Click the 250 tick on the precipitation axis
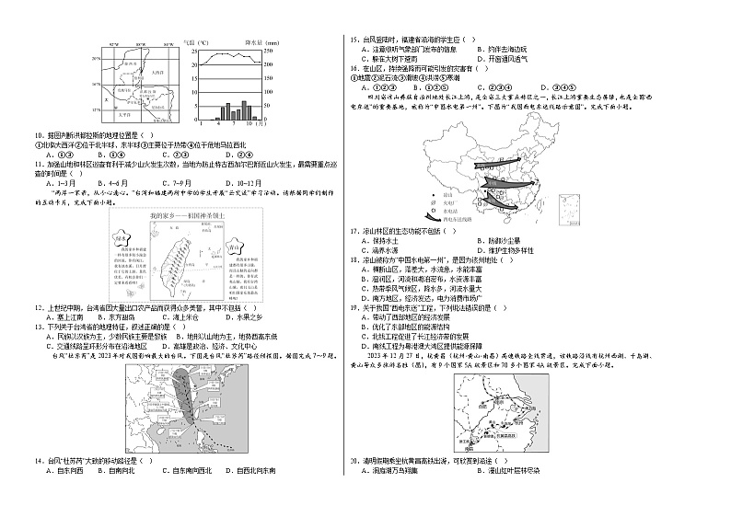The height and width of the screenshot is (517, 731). (x=270, y=52)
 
